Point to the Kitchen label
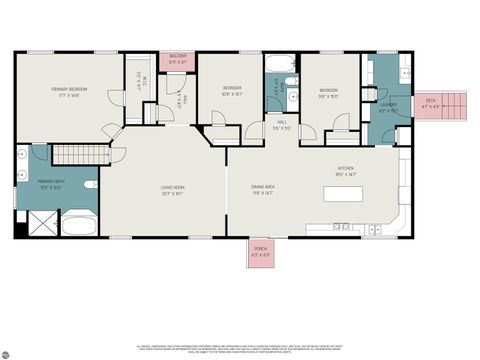[x=347, y=171]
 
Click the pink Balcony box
[x=178, y=59]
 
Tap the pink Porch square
[x=261, y=252]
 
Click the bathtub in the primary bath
[x=78, y=224]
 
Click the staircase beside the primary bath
[x=72, y=154]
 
